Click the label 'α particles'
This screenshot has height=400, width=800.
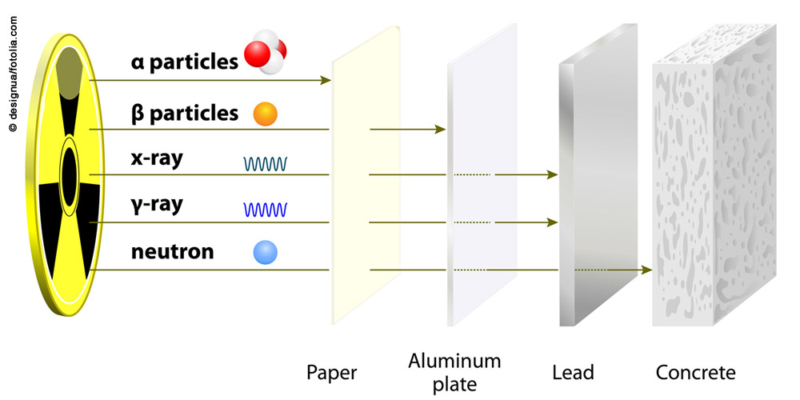tap(185, 62)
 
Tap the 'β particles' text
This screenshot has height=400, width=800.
tap(185, 113)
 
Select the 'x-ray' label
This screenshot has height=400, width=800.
tap(157, 158)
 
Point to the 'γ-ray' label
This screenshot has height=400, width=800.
tap(157, 205)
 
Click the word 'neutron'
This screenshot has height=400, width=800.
tap(172, 253)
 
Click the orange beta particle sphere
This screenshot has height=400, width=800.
tap(265, 114)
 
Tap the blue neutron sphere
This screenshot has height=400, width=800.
tap(265, 253)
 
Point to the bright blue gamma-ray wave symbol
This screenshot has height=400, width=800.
tap(267, 210)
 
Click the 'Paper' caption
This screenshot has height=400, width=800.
tap(331, 373)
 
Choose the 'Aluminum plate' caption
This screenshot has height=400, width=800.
tap(454, 372)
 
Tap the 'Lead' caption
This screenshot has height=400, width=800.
tap(573, 373)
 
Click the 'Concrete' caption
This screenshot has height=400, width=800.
tap(695, 373)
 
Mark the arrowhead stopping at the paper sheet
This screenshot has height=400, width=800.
tap(326, 80)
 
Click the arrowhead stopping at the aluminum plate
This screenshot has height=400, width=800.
tap(440, 128)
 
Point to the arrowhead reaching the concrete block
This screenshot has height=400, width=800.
tap(646, 270)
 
